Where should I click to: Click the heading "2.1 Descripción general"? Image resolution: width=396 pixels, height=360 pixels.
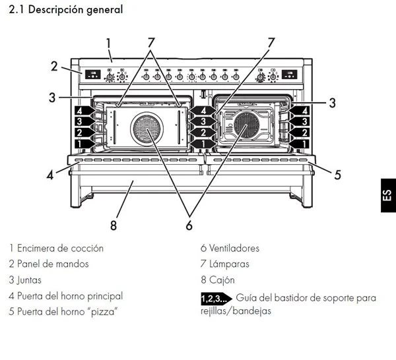[65, 10]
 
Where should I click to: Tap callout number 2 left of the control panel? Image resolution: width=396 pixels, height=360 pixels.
[55, 65]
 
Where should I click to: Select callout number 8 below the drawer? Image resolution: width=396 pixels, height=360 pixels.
[114, 224]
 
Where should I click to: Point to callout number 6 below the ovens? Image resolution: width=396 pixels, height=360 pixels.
[189, 224]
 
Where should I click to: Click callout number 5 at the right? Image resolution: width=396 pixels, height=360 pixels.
[337, 175]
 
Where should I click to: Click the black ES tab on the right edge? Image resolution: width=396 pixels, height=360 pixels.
[386, 196]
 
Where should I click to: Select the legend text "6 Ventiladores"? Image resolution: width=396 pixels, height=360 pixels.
[230, 249]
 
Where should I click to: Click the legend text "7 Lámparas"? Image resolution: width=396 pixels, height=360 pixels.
[224, 264]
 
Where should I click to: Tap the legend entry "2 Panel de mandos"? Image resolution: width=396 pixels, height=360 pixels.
[48, 264]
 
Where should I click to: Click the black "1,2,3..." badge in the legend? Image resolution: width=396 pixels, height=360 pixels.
[216, 299]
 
